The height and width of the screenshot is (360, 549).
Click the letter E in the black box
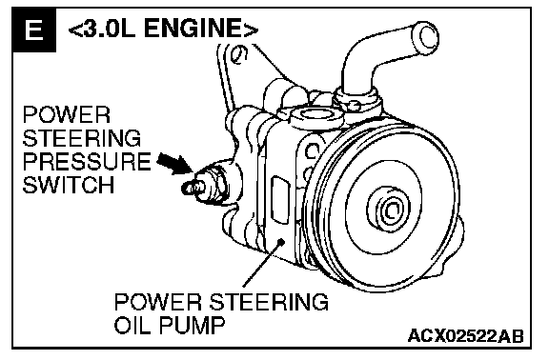tap(34, 30)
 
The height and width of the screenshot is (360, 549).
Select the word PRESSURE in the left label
tap(87, 161)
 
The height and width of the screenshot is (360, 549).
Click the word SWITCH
tap(69, 185)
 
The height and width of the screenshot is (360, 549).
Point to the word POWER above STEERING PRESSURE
tap(67, 114)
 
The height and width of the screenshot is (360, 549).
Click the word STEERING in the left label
tap(82, 138)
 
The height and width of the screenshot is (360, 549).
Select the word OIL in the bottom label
tap(133, 325)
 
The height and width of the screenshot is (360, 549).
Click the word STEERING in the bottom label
tap(269, 302)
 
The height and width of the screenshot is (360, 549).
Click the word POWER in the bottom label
tap(158, 302)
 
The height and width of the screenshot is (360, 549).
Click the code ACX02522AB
tap(466, 336)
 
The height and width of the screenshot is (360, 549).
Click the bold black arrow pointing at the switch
tap(174, 162)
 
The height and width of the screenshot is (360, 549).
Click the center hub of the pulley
tap(389, 210)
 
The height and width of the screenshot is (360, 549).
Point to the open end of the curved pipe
tap(427, 36)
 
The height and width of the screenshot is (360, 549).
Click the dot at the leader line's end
tap(280, 241)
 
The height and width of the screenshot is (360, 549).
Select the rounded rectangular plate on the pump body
tap(281, 199)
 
